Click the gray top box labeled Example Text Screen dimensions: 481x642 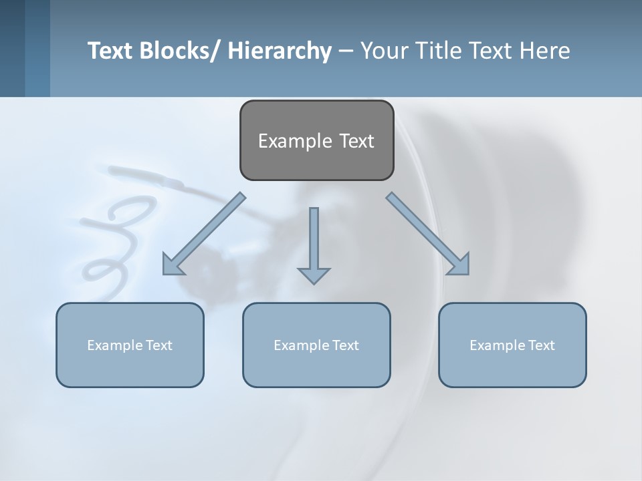(x=316, y=140)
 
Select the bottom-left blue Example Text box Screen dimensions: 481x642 (x=130, y=345)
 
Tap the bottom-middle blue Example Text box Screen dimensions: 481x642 (x=316, y=345)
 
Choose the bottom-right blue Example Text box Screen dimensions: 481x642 (x=512, y=345)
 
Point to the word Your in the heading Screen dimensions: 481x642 (x=385, y=51)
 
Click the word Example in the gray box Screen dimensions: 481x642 (x=295, y=141)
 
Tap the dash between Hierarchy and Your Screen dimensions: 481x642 (x=346, y=51)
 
